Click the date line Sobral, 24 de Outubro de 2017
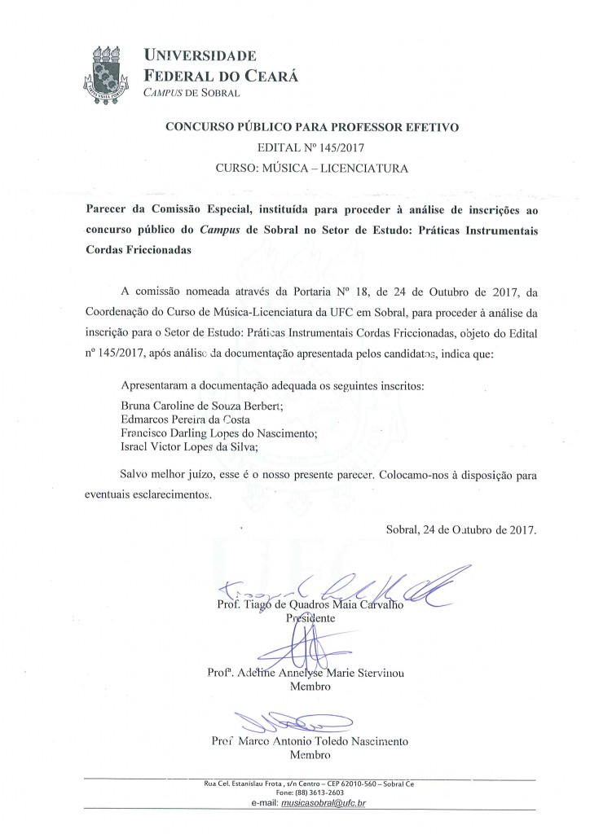[x=461, y=529]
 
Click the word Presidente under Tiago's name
[x=314, y=618]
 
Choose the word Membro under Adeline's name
[x=310, y=687]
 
